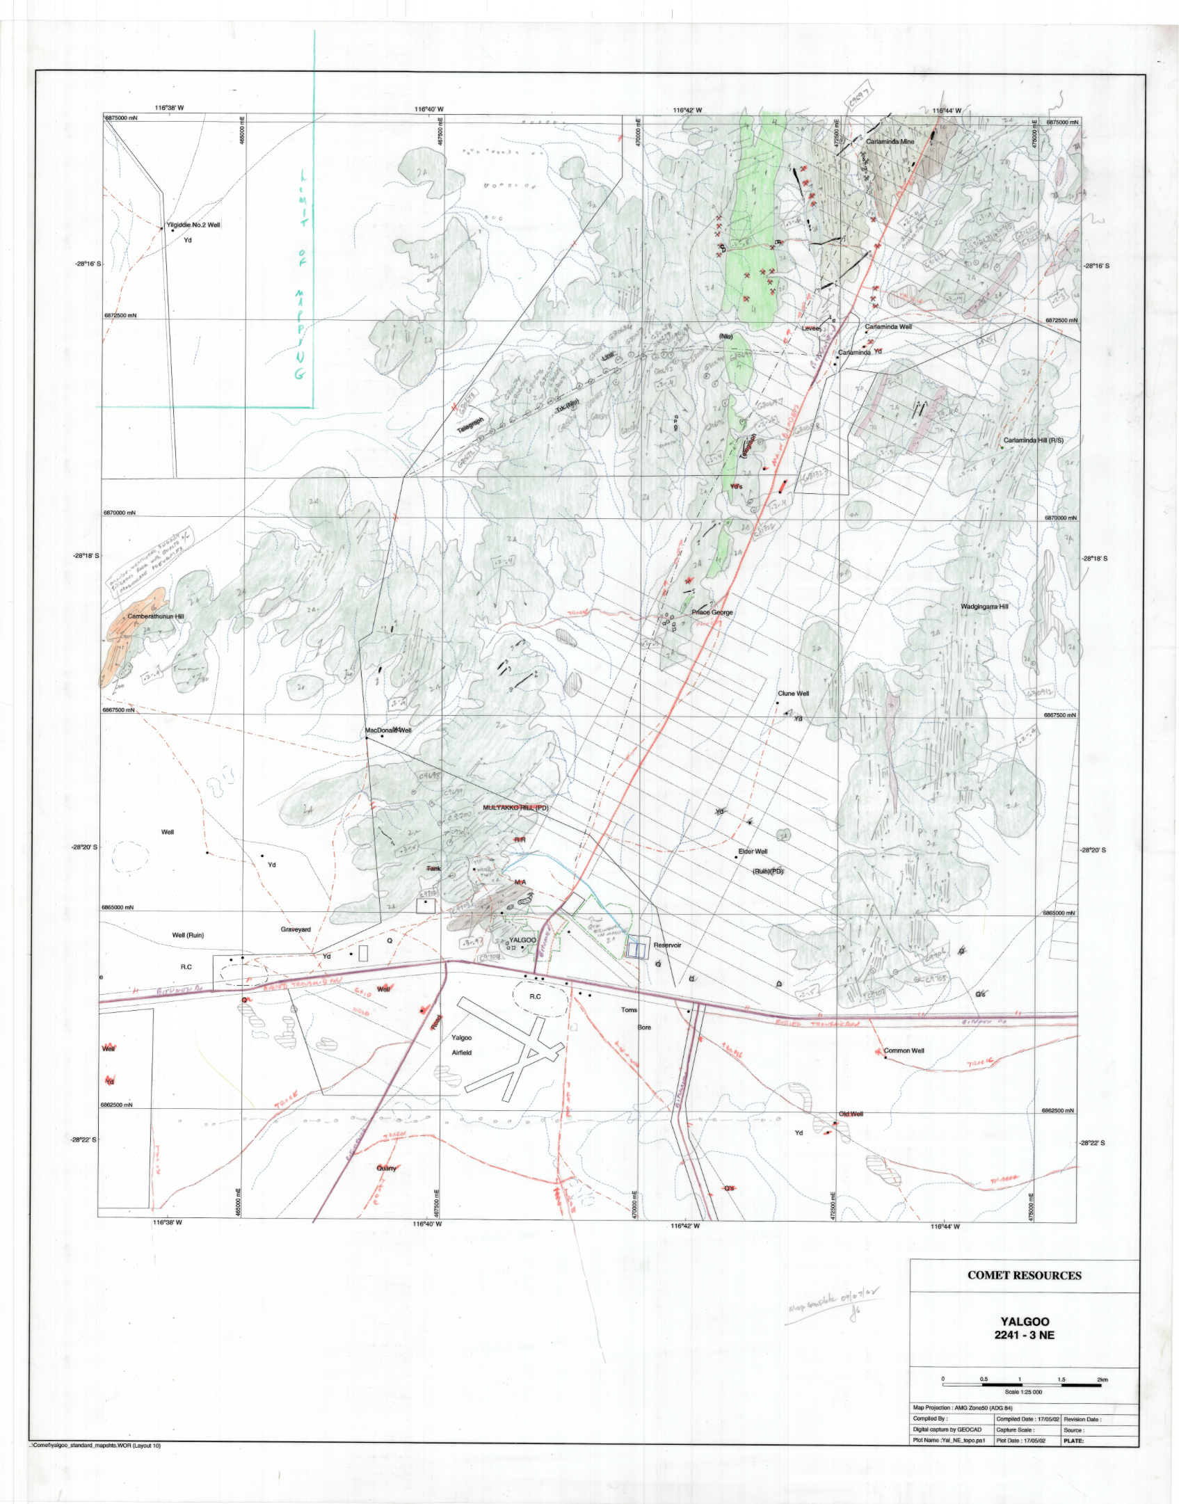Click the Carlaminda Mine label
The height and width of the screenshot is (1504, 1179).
click(x=890, y=142)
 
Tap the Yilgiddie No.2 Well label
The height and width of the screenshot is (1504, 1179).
click(x=193, y=225)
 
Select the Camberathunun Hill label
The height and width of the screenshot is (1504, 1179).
click(x=156, y=616)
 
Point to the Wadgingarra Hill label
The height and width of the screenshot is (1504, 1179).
click(x=984, y=607)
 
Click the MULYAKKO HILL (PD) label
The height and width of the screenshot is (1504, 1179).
click(x=515, y=808)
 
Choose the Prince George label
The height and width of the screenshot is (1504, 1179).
click(x=712, y=612)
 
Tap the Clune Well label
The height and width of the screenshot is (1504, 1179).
click(x=793, y=694)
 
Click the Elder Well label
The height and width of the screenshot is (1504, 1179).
click(x=753, y=851)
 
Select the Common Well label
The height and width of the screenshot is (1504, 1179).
click(x=904, y=1050)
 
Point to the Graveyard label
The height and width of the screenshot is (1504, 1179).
click(x=296, y=929)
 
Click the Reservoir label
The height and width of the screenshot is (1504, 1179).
click(x=667, y=945)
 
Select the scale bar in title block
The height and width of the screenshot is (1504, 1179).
click(x=1022, y=1385)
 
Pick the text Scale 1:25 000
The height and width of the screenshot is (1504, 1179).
click(x=1023, y=1392)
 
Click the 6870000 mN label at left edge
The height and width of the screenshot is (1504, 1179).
click(x=120, y=513)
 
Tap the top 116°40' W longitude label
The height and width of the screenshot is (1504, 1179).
click(x=428, y=109)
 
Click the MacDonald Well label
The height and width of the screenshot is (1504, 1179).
click(x=388, y=730)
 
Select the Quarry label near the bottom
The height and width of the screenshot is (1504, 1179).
click(x=386, y=1168)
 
